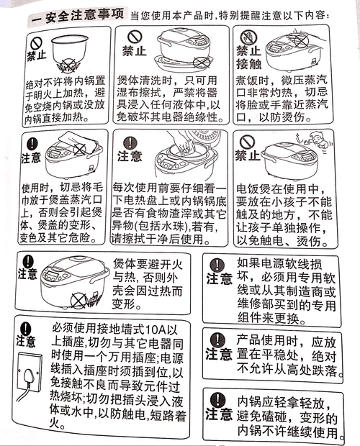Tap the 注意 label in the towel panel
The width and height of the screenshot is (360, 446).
click(x=32, y=158)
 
